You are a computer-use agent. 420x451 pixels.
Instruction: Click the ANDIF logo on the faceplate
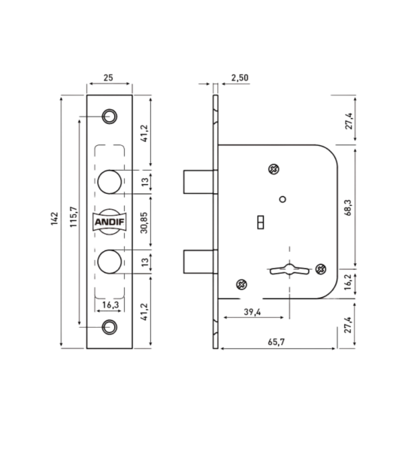(110, 222)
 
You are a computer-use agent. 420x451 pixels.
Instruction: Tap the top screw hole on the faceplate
(110, 117)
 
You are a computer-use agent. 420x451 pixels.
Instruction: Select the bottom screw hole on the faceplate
(110, 327)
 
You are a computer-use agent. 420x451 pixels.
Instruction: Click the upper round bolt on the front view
(110, 182)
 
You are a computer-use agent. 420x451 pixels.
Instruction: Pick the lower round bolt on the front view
(110, 262)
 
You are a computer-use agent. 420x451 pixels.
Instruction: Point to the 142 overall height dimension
(55, 219)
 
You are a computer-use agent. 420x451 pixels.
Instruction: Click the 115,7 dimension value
(74, 217)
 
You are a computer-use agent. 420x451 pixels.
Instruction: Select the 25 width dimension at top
(108, 77)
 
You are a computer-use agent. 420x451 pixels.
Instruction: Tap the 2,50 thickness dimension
(240, 77)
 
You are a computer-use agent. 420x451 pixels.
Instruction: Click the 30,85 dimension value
(144, 223)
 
